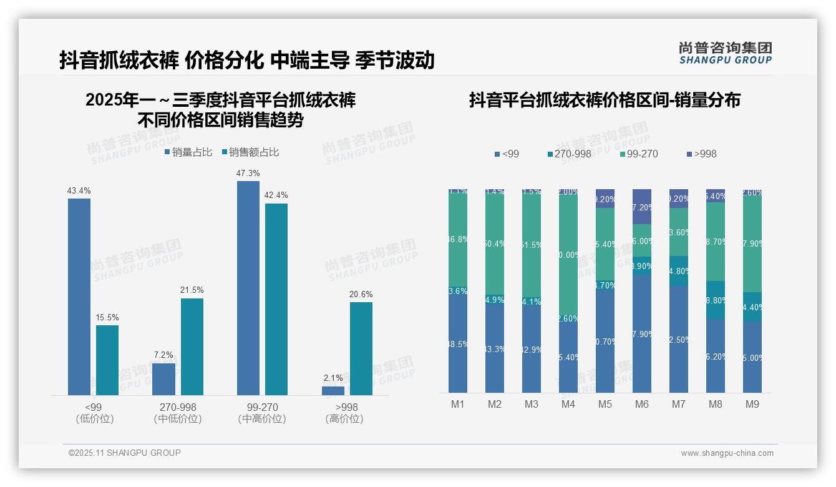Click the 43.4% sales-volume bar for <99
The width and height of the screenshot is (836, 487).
[x=79, y=297]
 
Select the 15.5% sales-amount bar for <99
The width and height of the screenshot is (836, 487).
[x=107, y=360]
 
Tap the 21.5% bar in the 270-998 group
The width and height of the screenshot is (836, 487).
[x=192, y=347]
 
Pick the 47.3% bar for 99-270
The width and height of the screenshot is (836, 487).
[x=248, y=288]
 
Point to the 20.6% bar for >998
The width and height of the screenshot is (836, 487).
[x=361, y=348]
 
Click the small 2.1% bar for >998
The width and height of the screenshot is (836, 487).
[x=333, y=391]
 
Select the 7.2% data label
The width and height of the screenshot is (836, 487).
[x=163, y=355]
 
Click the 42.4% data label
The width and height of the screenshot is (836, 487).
[x=276, y=195]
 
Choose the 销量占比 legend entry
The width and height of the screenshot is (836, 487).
[x=188, y=152]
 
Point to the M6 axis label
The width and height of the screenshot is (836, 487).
[x=642, y=405]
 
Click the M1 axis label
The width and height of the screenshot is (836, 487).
[x=458, y=405]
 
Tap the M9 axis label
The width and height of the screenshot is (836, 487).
[x=752, y=405]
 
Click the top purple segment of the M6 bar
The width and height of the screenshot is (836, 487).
[x=642, y=206]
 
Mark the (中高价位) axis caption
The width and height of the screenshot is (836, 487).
[x=262, y=419]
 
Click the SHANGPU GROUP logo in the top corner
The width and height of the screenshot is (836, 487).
[x=726, y=53]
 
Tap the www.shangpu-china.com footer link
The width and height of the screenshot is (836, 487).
[x=727, y=453]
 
